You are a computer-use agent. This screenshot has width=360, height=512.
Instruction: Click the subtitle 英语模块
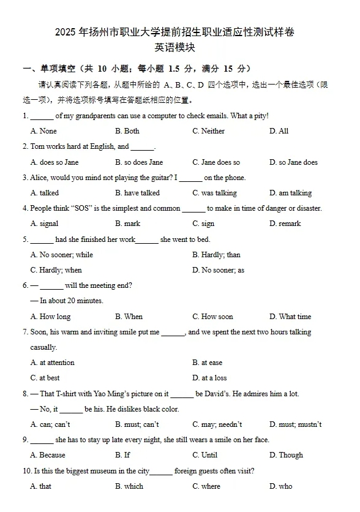[179, 47]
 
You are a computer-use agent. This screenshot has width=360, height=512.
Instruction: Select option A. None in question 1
[43, 131]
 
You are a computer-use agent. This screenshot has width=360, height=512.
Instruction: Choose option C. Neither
[208, 131]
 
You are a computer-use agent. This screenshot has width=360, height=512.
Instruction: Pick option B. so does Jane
[139, 162]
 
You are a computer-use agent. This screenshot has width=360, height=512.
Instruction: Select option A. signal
[45, 224]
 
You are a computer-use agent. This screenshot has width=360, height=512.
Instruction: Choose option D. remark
[285, 224]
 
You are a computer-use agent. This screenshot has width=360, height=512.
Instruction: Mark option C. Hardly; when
[56, 270]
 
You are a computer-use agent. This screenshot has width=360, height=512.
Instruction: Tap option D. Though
[286, 455]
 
